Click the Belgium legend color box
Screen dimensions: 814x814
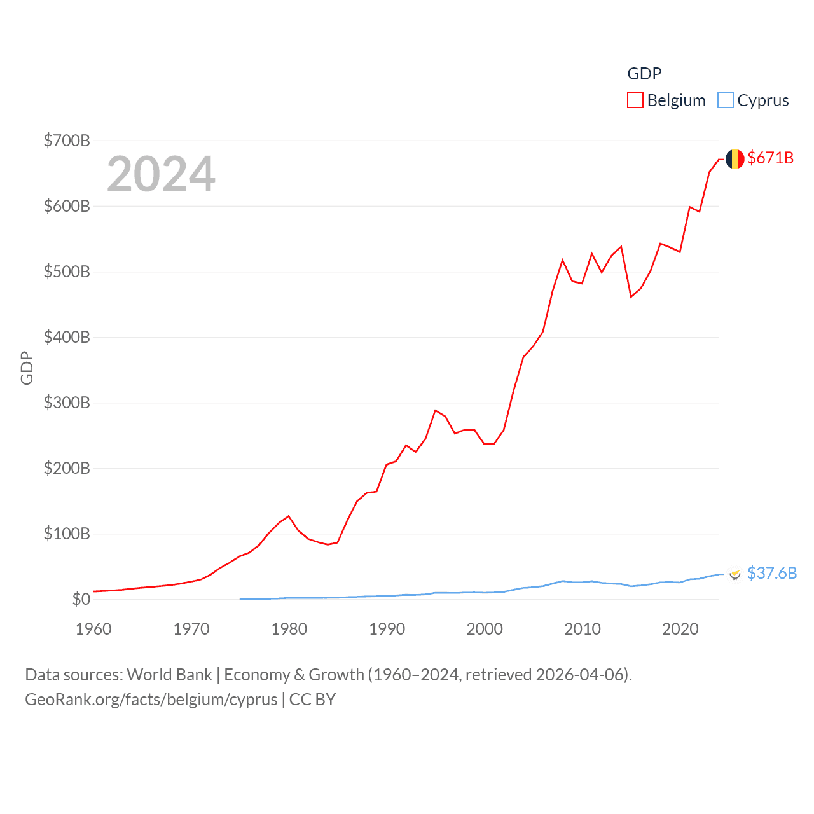pos(635,100)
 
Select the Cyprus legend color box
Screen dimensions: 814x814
pos(725,100)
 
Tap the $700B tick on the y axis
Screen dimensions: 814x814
pos(67,141)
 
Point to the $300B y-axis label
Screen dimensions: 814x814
pos(67,403)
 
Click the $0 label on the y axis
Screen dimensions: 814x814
pos(81,599)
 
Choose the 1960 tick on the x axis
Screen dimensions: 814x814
pos(93,629)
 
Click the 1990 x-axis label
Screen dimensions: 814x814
pos(387,629)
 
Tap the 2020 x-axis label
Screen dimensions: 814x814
pos(680,629)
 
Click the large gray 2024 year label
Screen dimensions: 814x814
pos(161,174)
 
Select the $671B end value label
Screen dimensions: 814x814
pos(770,158)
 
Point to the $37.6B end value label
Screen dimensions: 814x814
pos(771,573)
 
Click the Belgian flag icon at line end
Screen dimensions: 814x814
pos(735,159)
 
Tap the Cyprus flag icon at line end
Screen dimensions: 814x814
pos(735,574)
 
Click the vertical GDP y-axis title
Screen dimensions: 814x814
pos(27,368)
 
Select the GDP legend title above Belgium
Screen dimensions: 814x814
pos(644,74)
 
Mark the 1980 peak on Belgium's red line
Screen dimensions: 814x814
pos(289,516)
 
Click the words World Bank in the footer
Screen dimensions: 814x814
pos(169,674)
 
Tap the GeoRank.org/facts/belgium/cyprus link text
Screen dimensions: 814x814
pos(151,700)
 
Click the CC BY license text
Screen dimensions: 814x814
pos(312,700)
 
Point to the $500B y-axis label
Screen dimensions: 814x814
pos(67,272)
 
